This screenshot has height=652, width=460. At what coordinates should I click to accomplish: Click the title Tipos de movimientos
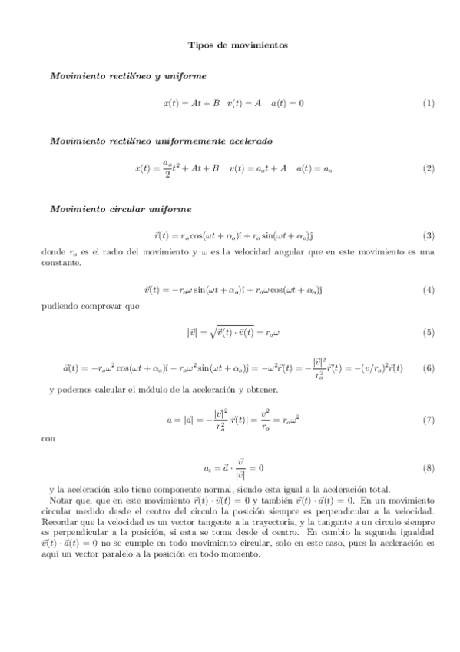[238, 45]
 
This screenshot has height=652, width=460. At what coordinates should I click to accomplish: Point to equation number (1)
[429, 103]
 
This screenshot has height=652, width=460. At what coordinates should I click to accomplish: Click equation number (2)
[429, 168]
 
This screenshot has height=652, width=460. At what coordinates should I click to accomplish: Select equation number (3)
[429, 235]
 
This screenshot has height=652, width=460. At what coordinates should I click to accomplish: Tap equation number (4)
[429, 290]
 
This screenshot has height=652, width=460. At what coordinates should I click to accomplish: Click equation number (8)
[429, 467]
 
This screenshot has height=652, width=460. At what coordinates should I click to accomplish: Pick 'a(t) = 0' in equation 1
[288, 103]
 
